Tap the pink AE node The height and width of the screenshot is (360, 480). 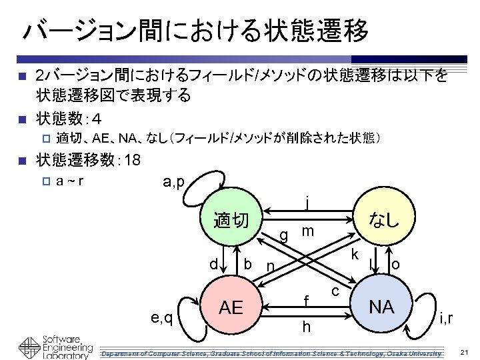click(231, 307)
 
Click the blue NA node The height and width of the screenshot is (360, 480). click(381, 307)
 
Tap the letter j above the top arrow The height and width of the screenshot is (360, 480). click(306, 201)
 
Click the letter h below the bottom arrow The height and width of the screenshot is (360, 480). click(306, 327)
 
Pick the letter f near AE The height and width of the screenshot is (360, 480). click(306, 302)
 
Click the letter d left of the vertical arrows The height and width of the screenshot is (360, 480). click(213, 264)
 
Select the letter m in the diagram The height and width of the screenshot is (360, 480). click(307, 231)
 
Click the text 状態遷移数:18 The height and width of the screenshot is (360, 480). click(87, 160)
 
